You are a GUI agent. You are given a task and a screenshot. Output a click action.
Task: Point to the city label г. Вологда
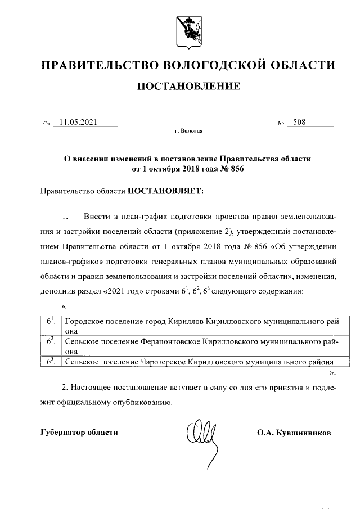point(188,131)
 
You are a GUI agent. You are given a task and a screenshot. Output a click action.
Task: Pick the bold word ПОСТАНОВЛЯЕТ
point(166,191)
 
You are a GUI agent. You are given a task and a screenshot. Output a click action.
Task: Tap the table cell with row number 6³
point(50,362)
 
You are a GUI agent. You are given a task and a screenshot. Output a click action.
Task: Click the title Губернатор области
point(80,432)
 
